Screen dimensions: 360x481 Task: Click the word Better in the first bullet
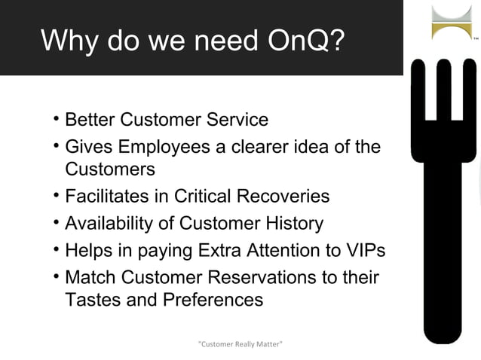90,119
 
